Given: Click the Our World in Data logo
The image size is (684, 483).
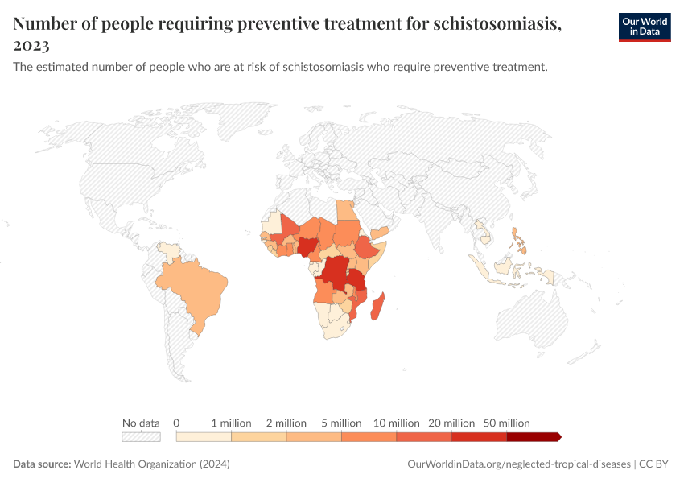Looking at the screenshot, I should [644, 27].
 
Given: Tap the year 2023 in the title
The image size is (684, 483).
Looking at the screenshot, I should [31, 45].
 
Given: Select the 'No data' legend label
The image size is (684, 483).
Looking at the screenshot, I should [141, 423].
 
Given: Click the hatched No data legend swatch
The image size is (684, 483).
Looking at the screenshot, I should [141, 436].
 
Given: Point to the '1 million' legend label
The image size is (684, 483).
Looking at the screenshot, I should [231, 423].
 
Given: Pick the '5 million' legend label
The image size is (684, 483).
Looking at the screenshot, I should [341, 423].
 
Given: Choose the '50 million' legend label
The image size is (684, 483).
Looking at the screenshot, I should [506, 423].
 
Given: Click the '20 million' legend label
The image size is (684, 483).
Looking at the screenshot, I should [451, 423].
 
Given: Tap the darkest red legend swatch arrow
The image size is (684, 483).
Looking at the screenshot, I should [534, 436].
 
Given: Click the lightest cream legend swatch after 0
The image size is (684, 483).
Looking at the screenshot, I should [204, 436].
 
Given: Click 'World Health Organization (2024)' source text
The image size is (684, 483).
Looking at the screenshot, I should [152, 464].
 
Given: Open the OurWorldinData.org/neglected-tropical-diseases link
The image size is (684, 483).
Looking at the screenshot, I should [519, 464].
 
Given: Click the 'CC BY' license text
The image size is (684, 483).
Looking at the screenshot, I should [655, 464].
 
